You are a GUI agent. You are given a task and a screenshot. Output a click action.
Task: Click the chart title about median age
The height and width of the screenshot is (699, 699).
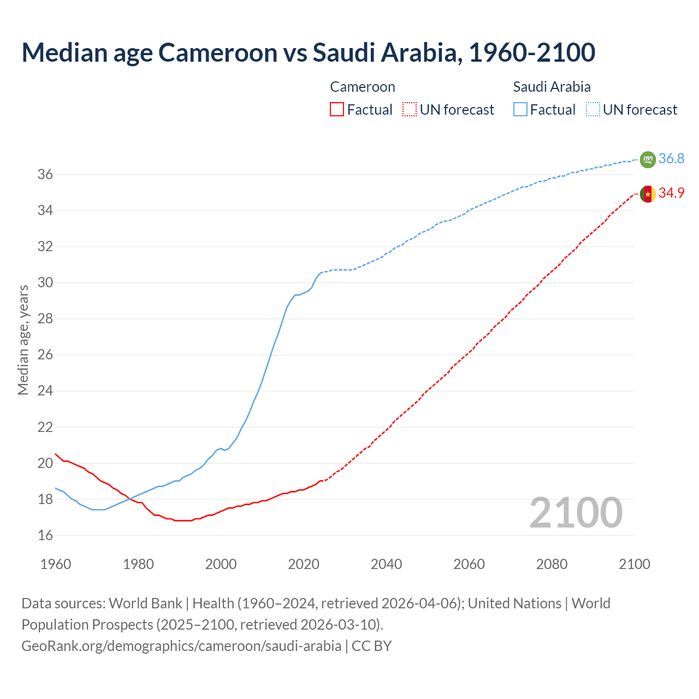click(x=308, y=52)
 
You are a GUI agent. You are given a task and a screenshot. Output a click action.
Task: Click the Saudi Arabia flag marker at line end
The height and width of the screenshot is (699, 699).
click(x=648, y=159)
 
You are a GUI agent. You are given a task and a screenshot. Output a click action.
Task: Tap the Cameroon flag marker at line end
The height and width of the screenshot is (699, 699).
click(x=648, y=194)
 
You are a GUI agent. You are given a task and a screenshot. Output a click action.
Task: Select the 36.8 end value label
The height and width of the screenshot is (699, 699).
click(x=671, y=159)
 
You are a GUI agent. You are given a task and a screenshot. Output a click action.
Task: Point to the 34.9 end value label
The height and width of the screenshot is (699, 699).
click(x=671, y=193)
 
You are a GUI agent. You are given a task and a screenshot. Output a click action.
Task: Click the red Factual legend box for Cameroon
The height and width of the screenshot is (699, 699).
click(x=337, y=110)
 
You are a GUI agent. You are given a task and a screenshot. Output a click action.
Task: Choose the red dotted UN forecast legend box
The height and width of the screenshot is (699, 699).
click(x=410, y=110)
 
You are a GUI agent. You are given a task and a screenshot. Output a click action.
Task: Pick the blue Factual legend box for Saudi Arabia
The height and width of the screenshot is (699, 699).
click(x=520, y=110)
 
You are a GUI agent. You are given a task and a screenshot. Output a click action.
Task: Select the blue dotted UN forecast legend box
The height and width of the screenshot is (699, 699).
click(x=593, y=110)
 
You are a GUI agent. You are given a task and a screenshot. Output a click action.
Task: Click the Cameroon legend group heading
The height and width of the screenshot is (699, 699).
click(x=362, y=87)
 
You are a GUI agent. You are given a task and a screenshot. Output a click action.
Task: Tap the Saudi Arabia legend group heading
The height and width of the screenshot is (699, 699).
click(x=552, y=87)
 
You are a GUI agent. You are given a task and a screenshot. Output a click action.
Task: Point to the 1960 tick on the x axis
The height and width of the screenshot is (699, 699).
click(x=56, y=564)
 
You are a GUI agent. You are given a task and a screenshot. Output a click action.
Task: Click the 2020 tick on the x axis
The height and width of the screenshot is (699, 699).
click(x=304, y=564)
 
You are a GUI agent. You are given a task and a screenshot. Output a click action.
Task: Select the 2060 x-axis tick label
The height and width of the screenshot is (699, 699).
click(x=469, y=564)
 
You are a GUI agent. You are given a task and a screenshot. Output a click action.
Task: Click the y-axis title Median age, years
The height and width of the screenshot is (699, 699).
click(x=23, y=340)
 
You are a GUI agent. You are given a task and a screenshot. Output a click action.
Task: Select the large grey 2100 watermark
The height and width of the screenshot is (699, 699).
click(x=576, y=513)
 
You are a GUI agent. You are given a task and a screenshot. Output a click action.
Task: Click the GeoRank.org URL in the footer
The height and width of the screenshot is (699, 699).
click(x=181, y=646)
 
